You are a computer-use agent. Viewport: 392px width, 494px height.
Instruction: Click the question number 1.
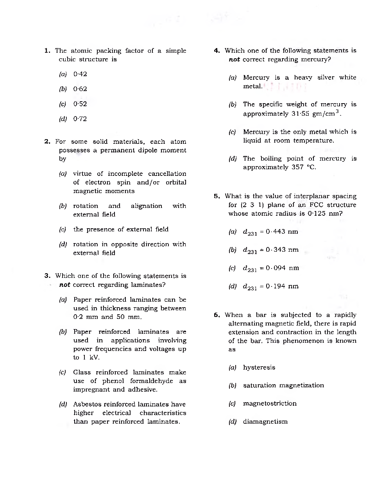point(47,51)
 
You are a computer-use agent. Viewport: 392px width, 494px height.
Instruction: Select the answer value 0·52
point(80,104)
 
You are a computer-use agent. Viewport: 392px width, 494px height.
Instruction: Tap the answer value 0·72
point(80,119)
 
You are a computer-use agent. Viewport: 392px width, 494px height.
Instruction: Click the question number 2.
point(47,142)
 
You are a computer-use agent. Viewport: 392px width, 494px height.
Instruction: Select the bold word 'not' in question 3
point(64,285)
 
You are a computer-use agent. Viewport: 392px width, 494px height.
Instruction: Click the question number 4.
point(217,51)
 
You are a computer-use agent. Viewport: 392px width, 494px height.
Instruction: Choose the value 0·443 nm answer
point(281,232)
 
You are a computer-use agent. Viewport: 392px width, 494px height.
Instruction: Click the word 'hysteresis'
point(259,368)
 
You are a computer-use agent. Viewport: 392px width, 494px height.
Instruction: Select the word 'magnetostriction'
point(270,404)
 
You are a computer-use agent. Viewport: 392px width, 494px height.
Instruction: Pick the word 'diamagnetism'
point(265,422)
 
